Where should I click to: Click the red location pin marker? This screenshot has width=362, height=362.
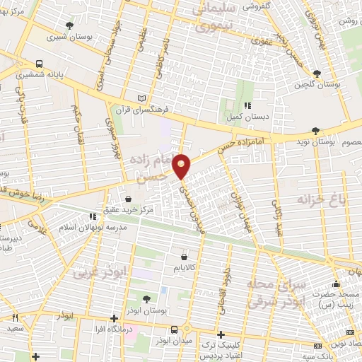click(182, 166)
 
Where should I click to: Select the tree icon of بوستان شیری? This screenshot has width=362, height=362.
click(69, 25)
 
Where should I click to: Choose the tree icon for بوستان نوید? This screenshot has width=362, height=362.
click(315, 131)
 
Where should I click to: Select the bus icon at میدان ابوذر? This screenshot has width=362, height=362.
click(175, 329)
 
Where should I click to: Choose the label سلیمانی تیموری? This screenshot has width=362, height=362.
click(211, 19)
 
